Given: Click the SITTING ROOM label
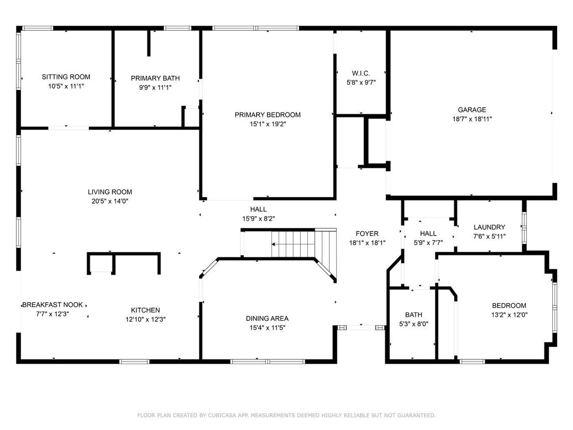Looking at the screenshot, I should pyautogui.click(x=66, y=77).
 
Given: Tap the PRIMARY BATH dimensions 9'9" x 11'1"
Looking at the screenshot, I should pyautogui.click(x=155, y=87).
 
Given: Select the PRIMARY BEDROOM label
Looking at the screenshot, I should pyautogui.click(x=268, y=115).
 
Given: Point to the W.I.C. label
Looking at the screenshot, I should pyautogui.click(x=361, y=73).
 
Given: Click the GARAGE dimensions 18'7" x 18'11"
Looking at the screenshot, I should pyautogui.click(x=472, y=119).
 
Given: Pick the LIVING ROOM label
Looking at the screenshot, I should pyautogui.click(x=110, y=192).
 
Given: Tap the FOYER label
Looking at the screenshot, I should pyautogui.click(x=367, y=234).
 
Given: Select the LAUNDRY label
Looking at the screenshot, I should pyautogui.click(x=489, y=227).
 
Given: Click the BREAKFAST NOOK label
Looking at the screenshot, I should pyautogui.click(x=52, y=305).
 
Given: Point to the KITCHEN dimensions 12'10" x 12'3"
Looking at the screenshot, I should pyautogui.click(x=145, y=319).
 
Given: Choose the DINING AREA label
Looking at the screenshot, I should pyautogui.click(x=267, y=318).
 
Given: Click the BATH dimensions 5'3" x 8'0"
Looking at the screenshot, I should pyautogui.click(x=413, y=324).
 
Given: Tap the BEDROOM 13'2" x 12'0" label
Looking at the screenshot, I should pyautogui.click(x=509, y=306).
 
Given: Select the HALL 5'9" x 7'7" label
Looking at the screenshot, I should pyautogui.click(x=428, y=234).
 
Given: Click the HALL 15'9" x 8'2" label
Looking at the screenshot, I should pyautogui.click(x=258, y=209).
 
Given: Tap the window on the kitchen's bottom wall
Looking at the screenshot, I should pyautogui.click(x=134, y=362).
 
